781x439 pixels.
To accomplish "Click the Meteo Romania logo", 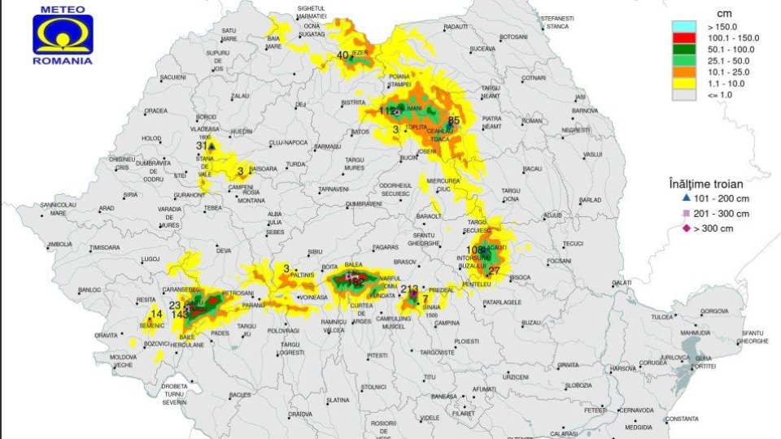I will click(x=63, y=35).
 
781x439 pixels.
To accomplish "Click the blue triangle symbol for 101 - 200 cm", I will click(x=686, y=198).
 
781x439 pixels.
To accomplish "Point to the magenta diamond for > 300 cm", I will click(x=686, y=228).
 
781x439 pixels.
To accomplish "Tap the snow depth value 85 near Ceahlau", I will click(x=454, y=120).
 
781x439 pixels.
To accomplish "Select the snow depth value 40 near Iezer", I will click(x=343, y=55).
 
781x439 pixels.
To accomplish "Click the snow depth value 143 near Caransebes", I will click(x=180, y=314).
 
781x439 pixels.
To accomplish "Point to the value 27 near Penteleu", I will click(x=494, y=271).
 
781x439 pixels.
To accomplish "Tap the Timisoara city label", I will click(x=104, y=247).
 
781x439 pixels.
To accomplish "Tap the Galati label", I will click(x=622, y=282).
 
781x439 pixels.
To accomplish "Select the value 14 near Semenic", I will click(x=157, y=314).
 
